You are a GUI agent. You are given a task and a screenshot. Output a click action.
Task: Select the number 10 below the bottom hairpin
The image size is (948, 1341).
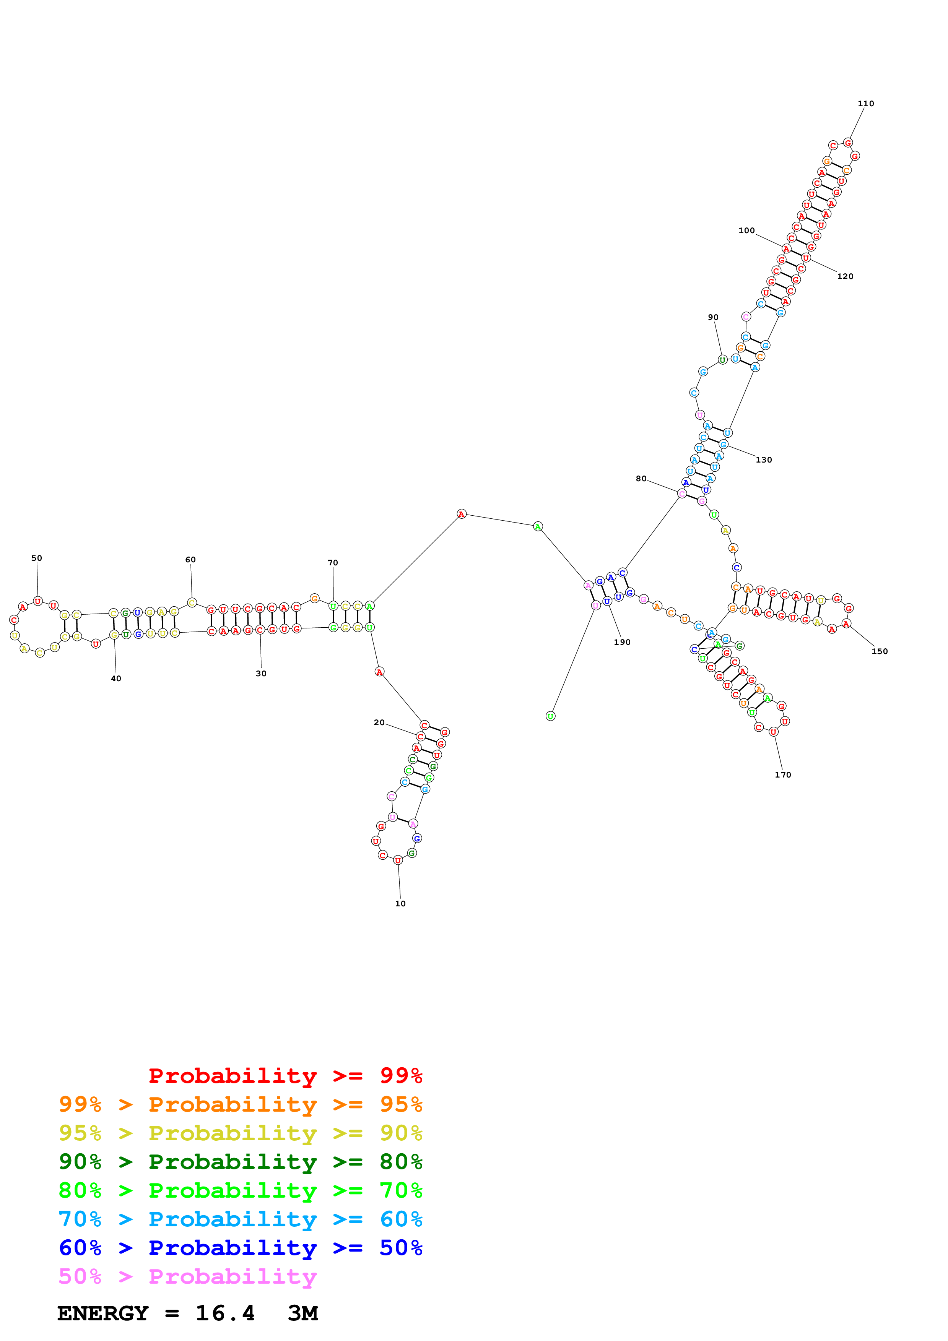point(400,904)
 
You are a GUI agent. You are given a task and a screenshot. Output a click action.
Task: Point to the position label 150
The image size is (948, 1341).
point(879,651)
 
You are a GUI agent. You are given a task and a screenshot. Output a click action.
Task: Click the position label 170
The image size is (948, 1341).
point(783,775)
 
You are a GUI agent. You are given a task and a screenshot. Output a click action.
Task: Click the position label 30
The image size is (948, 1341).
point(261,674)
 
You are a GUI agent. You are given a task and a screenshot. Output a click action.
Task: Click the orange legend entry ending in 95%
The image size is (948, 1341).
point(241,1104)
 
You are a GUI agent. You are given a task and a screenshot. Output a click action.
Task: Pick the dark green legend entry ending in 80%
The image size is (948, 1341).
point(241,1162)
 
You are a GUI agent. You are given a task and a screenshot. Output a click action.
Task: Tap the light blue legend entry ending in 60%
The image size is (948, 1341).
point(241,1219)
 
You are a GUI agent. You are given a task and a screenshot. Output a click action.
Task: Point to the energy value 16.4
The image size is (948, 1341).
point(225,1313)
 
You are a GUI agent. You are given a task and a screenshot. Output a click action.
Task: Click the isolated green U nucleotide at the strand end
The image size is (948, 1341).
point(550,716)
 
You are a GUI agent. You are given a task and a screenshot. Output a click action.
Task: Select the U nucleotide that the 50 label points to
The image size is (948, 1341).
point(38,601)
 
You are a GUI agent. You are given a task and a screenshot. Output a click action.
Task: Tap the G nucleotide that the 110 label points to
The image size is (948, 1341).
point(848,143)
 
